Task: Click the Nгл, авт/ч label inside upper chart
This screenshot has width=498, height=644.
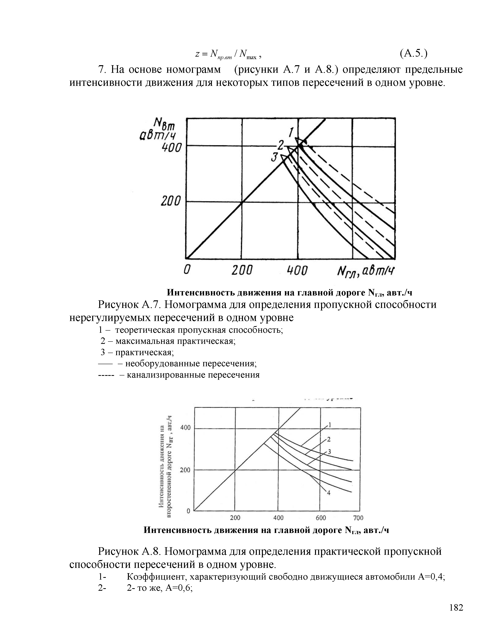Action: pos(366,271)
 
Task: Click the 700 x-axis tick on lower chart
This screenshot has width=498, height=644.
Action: pos(358,518)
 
